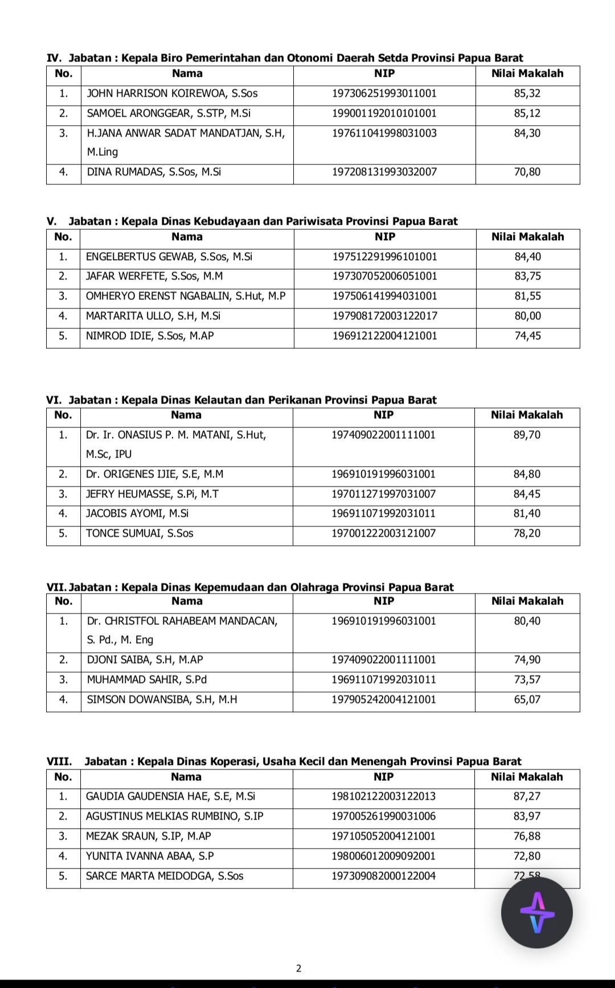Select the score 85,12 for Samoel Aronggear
pos(527,113)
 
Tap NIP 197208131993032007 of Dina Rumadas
pos(384,172)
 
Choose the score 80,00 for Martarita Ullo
pos(528,316)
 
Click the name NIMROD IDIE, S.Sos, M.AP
pos(150,336)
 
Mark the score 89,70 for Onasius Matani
pos(527,435)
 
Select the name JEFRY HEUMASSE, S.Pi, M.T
pos(152,494)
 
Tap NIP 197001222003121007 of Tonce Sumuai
pos(384,533)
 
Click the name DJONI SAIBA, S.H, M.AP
pos(145,660)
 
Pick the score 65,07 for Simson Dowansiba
pos(527,699)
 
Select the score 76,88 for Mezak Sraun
pos(527,836)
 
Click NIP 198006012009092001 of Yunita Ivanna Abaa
pos(384,856)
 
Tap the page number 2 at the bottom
pos(299,968)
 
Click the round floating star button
pos(536,912)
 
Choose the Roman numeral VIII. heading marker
pos(59,761)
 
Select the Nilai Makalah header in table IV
pos(527,73)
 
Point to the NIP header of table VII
pos(384,601)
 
